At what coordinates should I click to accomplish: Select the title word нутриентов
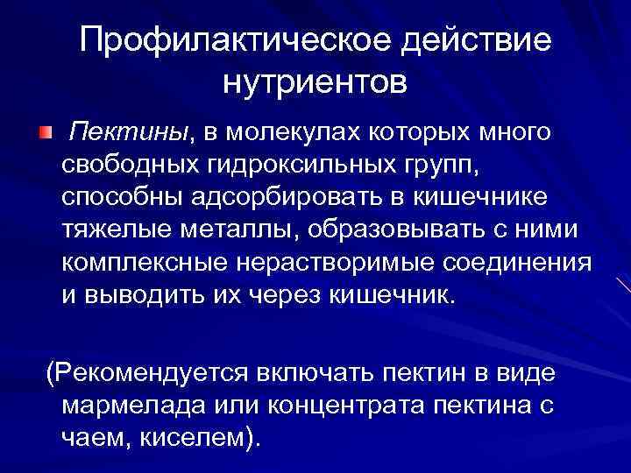(315, 83)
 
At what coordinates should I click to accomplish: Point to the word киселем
(194, 436)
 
